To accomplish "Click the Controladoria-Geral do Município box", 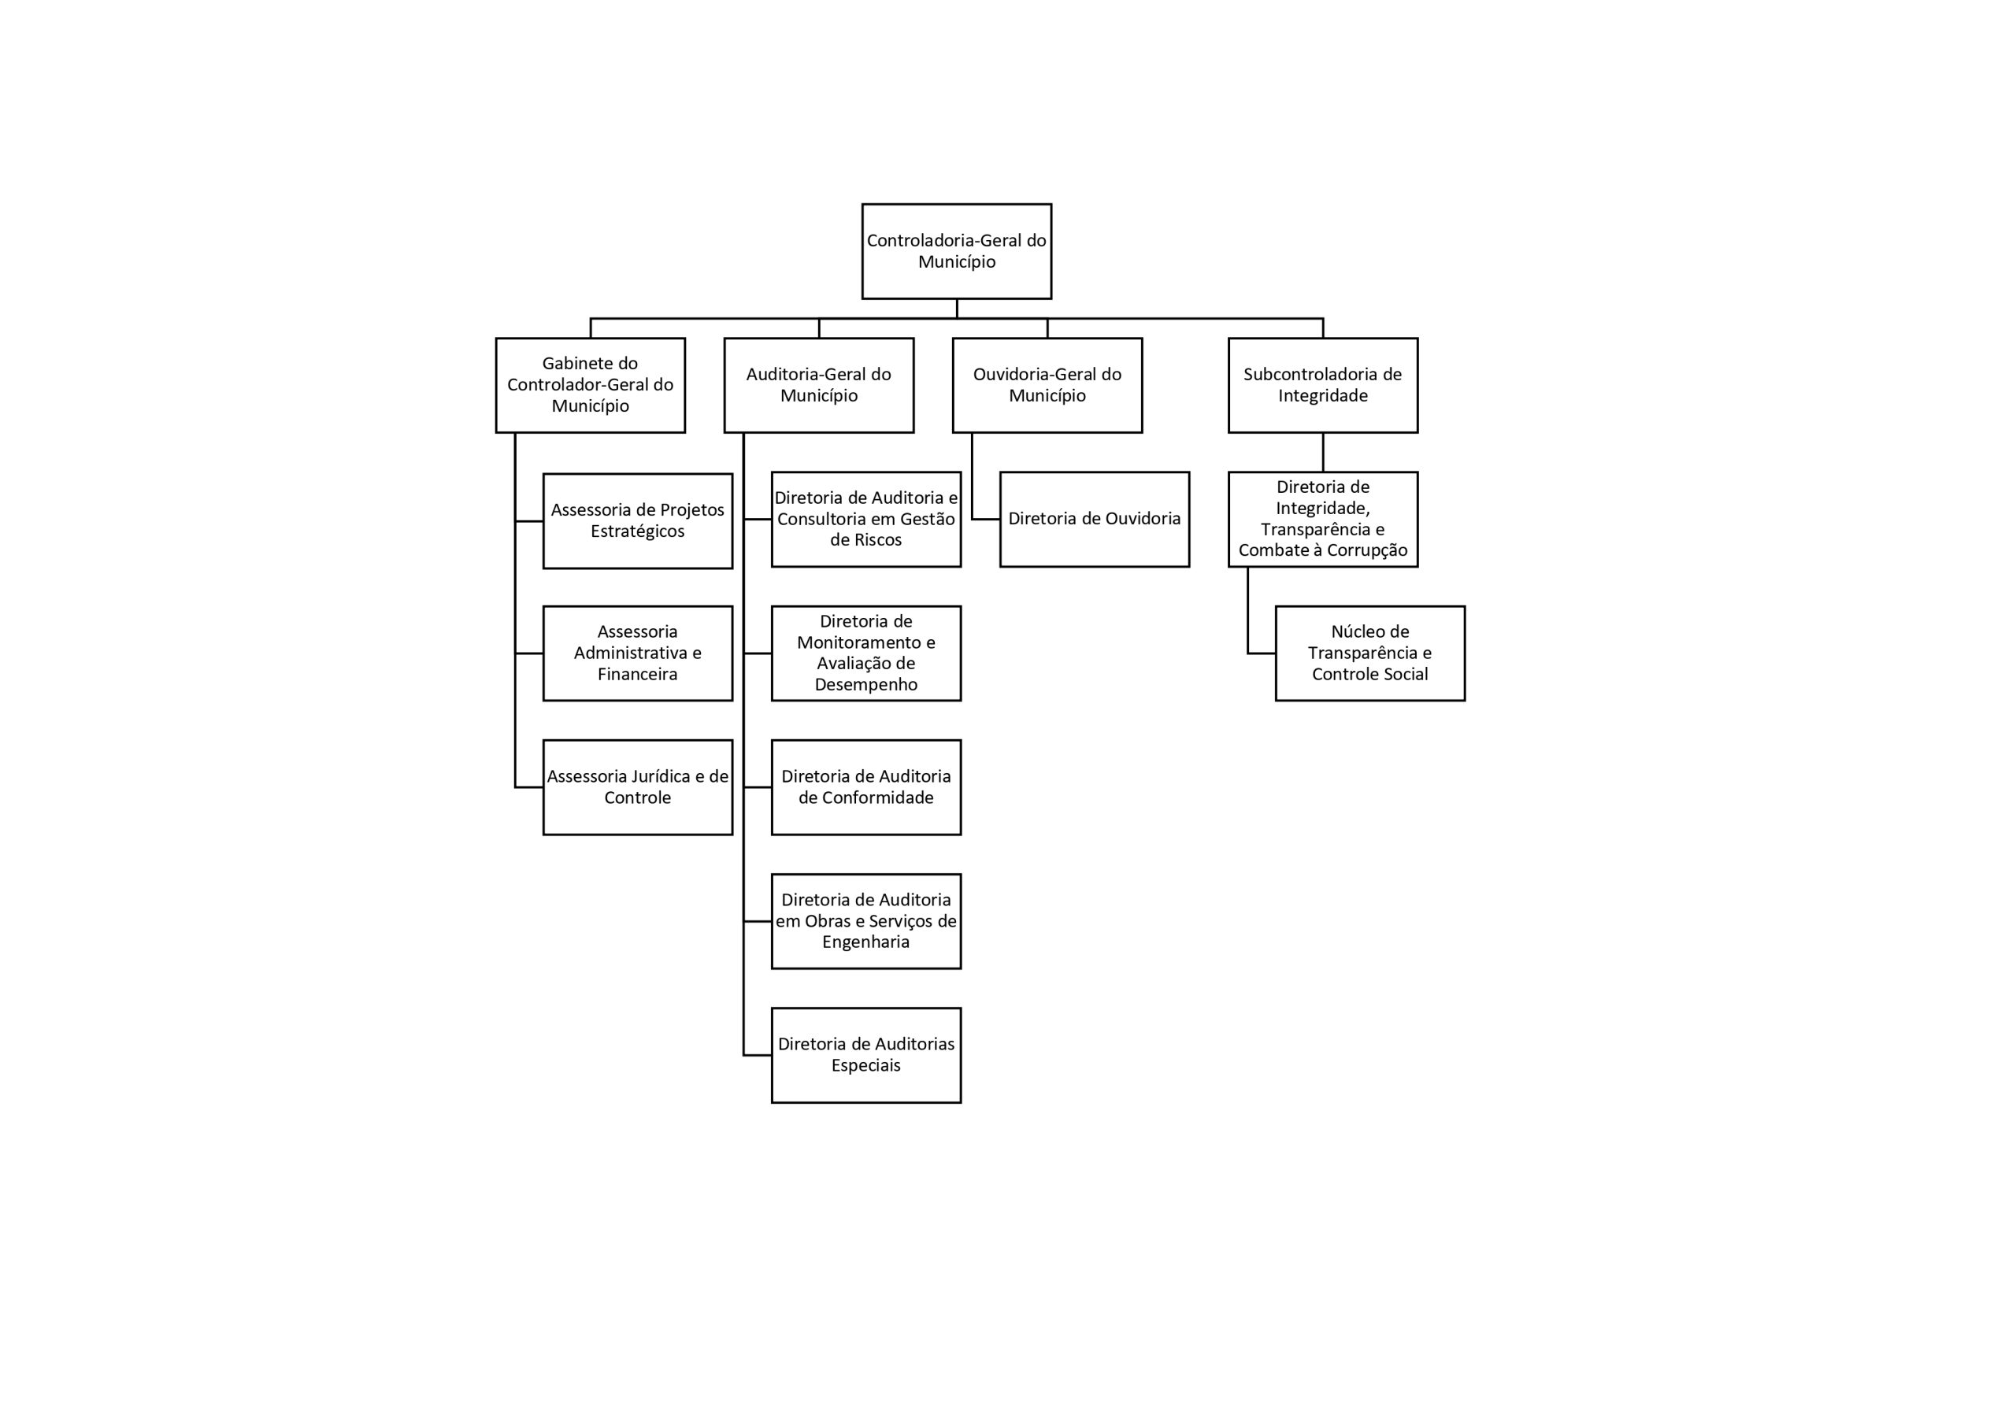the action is [956, 251].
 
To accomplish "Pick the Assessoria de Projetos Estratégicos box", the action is [637, 520].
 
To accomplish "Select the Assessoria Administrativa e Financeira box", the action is [637, 653].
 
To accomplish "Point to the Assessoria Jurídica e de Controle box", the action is [637, 787].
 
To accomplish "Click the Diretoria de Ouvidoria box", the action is [1095, 519].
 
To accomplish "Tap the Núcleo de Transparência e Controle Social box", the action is [1370, 653].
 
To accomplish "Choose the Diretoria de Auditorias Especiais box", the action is [866, 1055].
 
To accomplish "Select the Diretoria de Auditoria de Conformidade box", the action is [866, 787].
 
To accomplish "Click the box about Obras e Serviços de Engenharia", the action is [866, 921].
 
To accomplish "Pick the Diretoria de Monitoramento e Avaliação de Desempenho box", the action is [866, 653].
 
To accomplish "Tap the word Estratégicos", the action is [637, 532].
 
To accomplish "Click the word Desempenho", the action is [865, 685].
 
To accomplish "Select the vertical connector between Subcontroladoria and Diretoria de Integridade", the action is [1323, 452].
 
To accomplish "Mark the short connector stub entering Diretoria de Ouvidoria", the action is [986, 519].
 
